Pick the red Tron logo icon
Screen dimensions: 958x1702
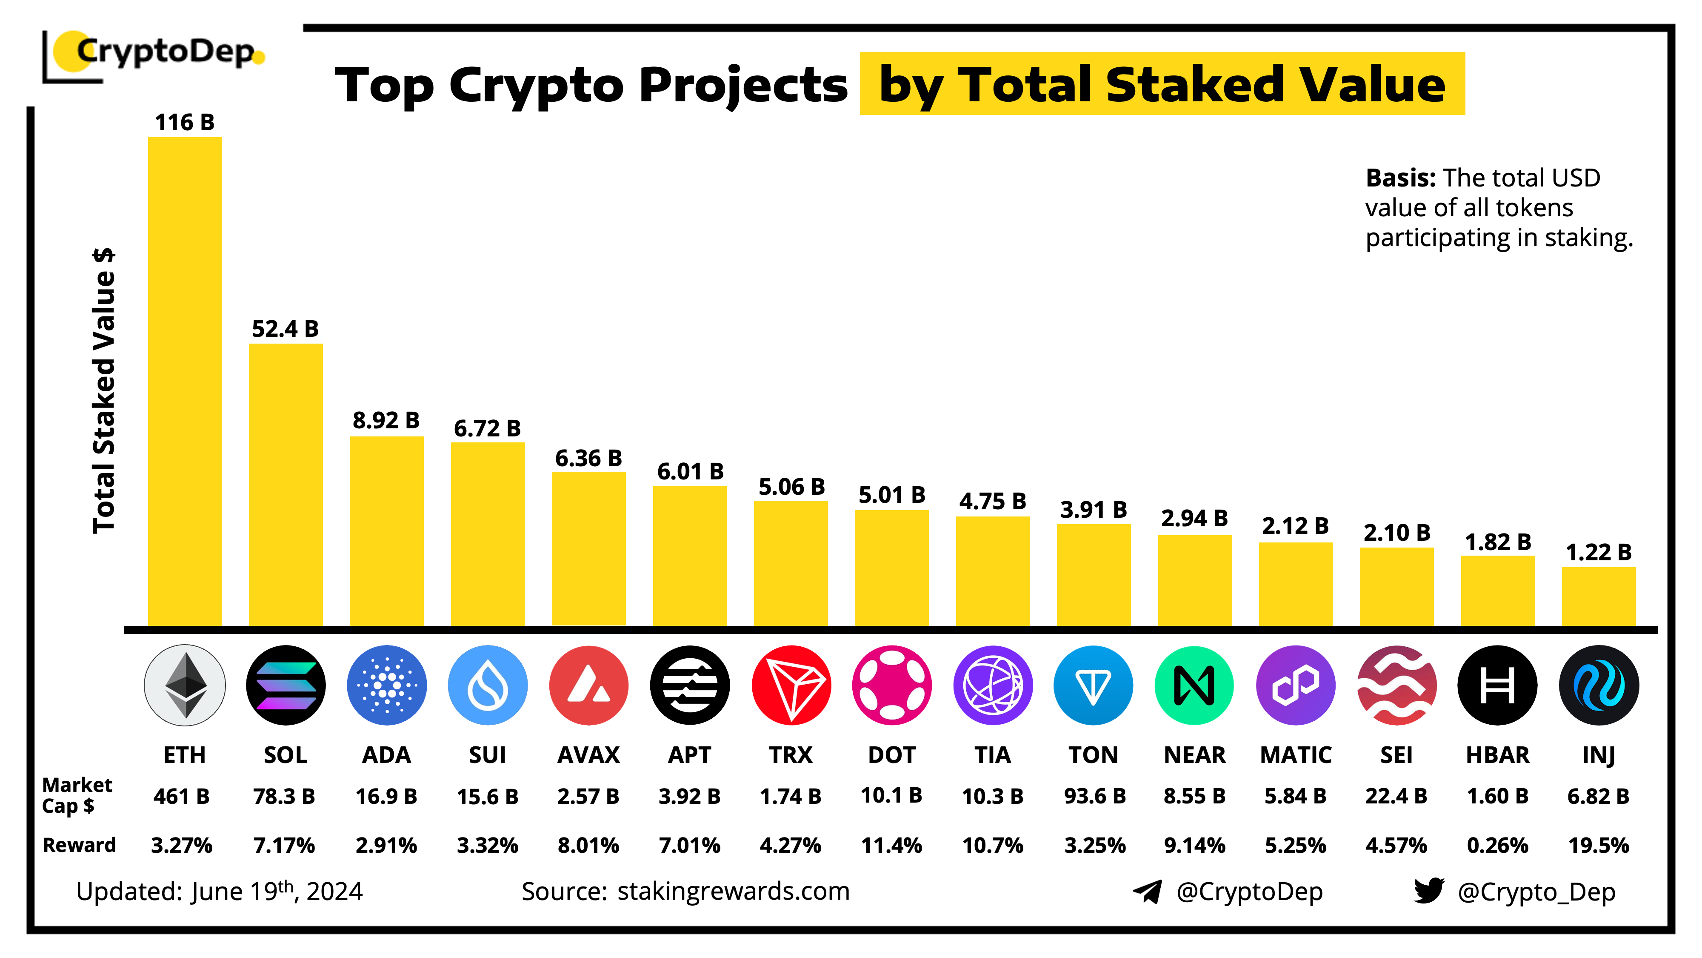[x=791, y=685]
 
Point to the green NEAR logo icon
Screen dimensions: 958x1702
[x=1194, y=685]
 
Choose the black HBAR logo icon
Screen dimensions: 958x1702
[x=1497, y=685]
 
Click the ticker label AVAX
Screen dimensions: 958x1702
[x=588, y=754]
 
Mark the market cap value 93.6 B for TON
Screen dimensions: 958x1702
[x=1094, y=796]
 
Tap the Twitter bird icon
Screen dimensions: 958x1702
[x=1428, y=891]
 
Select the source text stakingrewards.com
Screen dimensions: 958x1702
[x=734, y=891]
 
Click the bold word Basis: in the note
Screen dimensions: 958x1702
[x=1400, y=178]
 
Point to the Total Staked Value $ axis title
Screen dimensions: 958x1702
[x=104, y=390]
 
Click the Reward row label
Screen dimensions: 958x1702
[x=79, y=845]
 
